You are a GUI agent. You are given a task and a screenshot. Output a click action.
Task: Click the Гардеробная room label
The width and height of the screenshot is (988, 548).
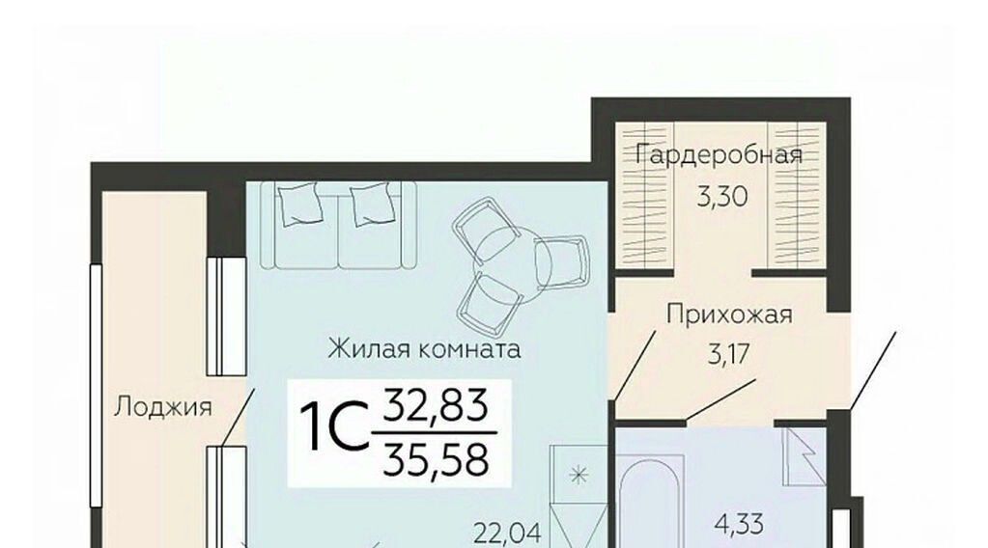tap(719, 154)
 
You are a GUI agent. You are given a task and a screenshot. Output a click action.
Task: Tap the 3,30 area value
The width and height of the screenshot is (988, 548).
tap(722, 197)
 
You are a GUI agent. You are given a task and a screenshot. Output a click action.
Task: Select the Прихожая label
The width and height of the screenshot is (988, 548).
tap(729, 314)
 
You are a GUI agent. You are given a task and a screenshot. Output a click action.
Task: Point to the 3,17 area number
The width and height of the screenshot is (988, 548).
tap(729, 354)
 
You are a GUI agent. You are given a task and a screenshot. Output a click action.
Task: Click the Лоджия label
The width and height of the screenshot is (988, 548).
tap(162, 408)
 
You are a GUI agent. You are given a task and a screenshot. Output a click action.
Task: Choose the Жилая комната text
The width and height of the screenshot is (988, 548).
tap(424, 348)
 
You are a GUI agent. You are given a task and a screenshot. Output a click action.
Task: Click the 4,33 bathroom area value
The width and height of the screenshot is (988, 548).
tap(739, 523)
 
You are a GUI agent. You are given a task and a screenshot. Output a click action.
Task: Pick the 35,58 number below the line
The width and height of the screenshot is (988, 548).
tap(436, 460)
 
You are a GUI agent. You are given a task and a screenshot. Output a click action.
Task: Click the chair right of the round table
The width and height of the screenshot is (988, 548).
tap(561, 261)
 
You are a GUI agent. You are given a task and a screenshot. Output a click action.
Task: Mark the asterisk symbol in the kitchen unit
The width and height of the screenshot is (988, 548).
tap(579, 475)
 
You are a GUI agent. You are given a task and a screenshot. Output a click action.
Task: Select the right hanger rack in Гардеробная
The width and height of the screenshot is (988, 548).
tap(797, 195)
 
